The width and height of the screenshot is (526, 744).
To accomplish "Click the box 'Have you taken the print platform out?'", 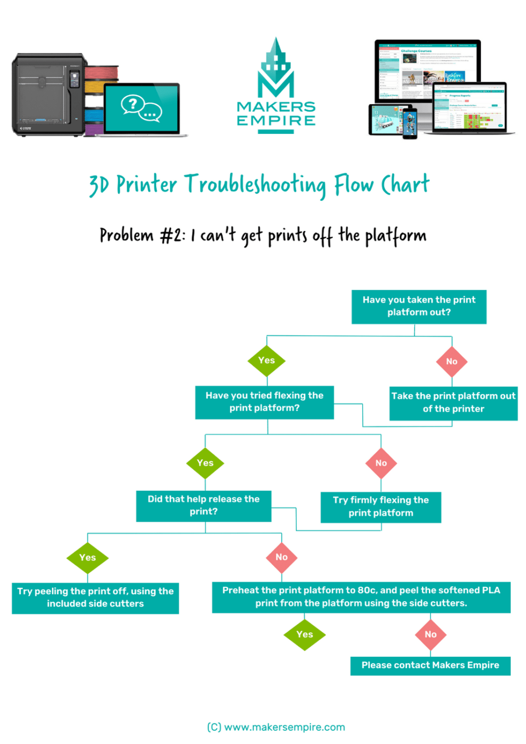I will [x=419, y=307].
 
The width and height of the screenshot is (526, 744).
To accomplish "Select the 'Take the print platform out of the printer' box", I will [x=453, y=403].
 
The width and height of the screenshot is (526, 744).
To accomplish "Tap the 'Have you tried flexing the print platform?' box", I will [x=264, y=402].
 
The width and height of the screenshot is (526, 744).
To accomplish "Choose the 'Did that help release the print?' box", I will [x=204, y=506].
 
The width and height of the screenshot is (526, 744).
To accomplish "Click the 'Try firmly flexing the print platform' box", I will [x=380, y=507].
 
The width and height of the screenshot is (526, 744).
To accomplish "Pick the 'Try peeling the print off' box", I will [x=95, y=598].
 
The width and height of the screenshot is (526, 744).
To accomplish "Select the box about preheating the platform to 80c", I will [x=361, y=597].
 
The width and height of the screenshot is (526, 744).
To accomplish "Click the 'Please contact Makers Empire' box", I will [x=430, y=666].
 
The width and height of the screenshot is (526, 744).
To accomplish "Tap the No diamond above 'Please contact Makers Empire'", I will [x=430, y=635].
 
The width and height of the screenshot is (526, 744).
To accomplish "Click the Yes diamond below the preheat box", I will [x=304, y=635].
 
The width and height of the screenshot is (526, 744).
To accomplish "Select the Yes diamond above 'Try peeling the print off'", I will [x=88, y=557].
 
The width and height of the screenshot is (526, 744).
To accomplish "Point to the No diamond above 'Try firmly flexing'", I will [x=381, y=463].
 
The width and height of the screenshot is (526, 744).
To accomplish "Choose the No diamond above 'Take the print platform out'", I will [x=452, y=361].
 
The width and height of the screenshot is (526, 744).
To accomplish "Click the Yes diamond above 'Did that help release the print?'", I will [x=205, y=463].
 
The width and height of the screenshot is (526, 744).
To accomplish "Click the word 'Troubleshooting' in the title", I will [x=255, y=185].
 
